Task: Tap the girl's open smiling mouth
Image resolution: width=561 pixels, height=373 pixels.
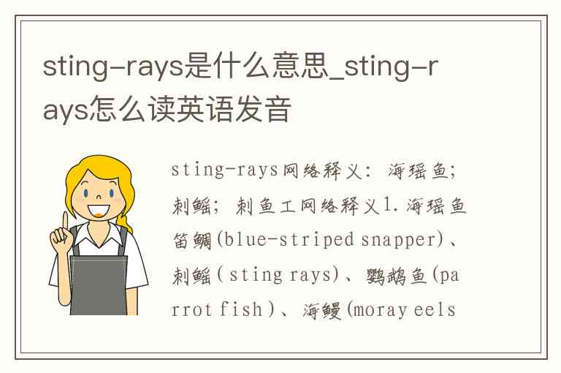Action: [x=99, y=211]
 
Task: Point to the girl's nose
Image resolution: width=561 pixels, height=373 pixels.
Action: [x=99, y=196]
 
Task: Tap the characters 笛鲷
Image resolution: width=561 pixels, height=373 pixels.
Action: [x=192, y=241]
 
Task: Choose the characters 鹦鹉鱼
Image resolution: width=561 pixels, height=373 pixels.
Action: [x=397, y=276]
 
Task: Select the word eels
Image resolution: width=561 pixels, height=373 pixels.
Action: [x=435, y=309]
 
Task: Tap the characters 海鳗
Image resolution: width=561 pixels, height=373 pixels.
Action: [x=322, y=310]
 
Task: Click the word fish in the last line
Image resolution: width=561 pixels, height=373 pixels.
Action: [x=241, y=309]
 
